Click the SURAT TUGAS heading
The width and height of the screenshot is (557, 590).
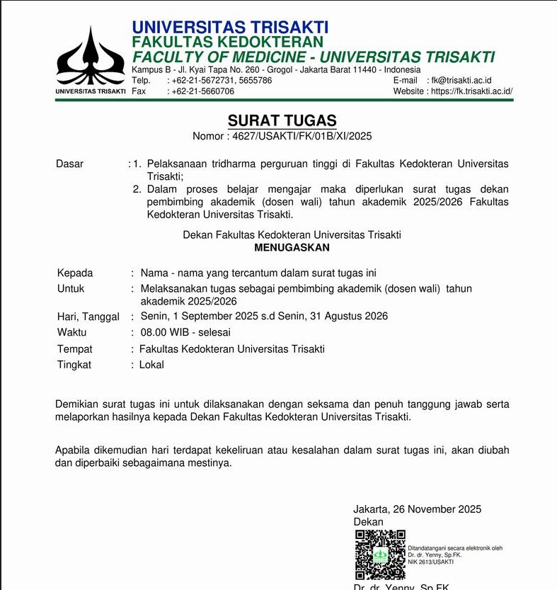[x=282, y=120]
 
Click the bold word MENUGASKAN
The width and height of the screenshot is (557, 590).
[x=292, y=248]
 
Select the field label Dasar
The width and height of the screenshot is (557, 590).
[x=69, y=164]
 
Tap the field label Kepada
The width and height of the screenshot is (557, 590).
[x=75, y=273]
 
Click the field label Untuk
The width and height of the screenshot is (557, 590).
[x=71, y=288]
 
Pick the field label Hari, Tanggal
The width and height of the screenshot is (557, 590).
[x=88, y=317]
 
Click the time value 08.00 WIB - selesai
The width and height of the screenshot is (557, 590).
[x=185, y=332]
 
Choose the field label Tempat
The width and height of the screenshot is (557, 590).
[x=75, y=348]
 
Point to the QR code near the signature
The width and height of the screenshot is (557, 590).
[x=380, y=555]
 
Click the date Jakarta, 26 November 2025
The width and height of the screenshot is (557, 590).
[x=417, y=509]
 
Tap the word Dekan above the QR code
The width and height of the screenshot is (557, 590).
[x=368, y=522]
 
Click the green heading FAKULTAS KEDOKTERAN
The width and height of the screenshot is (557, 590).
[x=227, y=42]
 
